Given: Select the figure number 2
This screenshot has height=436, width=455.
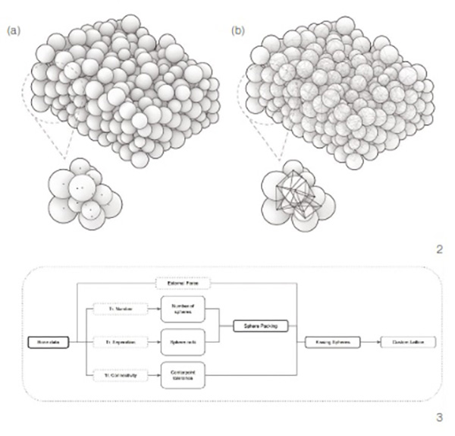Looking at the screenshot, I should [439, 248].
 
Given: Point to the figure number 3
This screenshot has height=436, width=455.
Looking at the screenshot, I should [439, 417].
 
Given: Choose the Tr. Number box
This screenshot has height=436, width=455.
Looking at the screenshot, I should [114, 311].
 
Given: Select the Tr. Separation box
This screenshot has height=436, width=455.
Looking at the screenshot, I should [114, 343].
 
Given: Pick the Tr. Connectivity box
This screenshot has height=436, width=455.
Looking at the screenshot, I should [114, 375].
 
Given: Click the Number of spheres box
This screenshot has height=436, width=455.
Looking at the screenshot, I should [184, 311].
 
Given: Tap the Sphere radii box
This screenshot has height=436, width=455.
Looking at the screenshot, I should [184, 343].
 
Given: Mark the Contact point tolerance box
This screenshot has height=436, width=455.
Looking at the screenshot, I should [184, 375].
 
